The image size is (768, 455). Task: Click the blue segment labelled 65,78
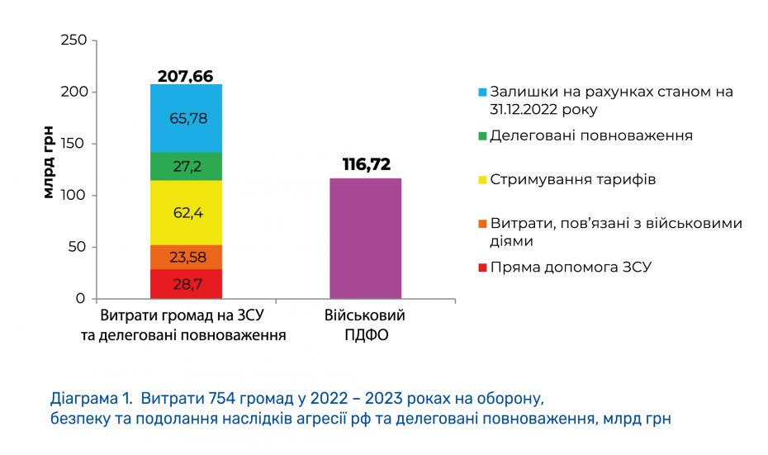click(x=186, y=118)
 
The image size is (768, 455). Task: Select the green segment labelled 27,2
click(x=186, y=166)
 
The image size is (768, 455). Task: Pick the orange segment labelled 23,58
click(x=186, y=257)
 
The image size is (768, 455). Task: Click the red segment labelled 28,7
click(x=186, y=284)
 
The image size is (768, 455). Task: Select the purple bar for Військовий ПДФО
click(x=366, y=239)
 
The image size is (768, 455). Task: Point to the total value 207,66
click(x=186, y=76)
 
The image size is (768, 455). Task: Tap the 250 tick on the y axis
click(x=73, y=40)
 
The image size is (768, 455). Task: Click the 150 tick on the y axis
click(x=73, y=144)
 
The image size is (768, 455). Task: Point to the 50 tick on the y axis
click(x=78, y=247)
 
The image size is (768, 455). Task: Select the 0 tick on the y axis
click(x=81, y=298)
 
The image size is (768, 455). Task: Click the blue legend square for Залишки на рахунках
click(x=482, y=92)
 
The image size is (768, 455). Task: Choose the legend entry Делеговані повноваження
click(x=590, y=135)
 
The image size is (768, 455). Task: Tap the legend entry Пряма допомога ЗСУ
click(x=571, y=268)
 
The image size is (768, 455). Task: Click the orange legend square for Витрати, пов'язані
click(x=482, y=224)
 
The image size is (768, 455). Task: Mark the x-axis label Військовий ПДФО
click(x=366, y=325)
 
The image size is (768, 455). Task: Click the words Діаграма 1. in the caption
click(x=92, y=399)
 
